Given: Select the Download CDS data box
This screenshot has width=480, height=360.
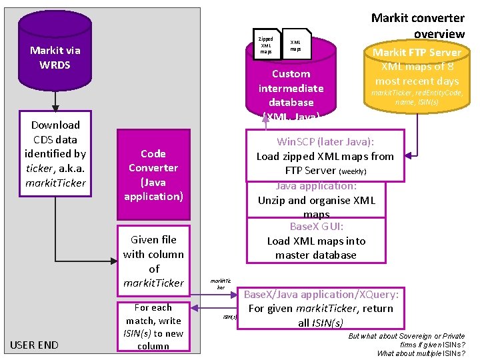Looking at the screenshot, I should coord(55,153).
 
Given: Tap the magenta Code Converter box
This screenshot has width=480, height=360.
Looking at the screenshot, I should coord(153,175).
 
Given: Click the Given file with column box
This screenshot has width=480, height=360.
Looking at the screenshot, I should coord(153,260).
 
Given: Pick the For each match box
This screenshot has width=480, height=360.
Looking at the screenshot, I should coord(153,327).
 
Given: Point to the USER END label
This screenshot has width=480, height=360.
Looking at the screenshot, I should coord(34,345).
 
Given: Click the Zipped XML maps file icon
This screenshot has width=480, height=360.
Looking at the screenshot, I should coord(265,45).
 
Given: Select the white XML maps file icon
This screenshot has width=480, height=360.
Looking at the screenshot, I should coord(296,45).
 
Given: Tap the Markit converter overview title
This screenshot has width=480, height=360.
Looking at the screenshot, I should coord(417,25).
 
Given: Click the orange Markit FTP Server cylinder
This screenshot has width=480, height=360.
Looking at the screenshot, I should coord(417,73).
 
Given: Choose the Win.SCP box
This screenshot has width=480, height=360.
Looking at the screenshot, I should coord(325,156).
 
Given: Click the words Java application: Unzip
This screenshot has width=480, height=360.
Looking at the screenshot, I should coord(316,193).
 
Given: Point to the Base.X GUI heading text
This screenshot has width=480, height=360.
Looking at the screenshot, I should coord(316,227).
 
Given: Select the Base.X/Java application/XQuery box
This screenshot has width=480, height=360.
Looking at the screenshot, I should coord(321,308).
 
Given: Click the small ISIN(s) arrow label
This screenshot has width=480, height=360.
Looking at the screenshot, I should coord(229,317).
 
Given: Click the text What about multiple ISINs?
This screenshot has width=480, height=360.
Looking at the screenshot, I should coord(421,353).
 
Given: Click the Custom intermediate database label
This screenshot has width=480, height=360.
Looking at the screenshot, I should coord(291,88).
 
